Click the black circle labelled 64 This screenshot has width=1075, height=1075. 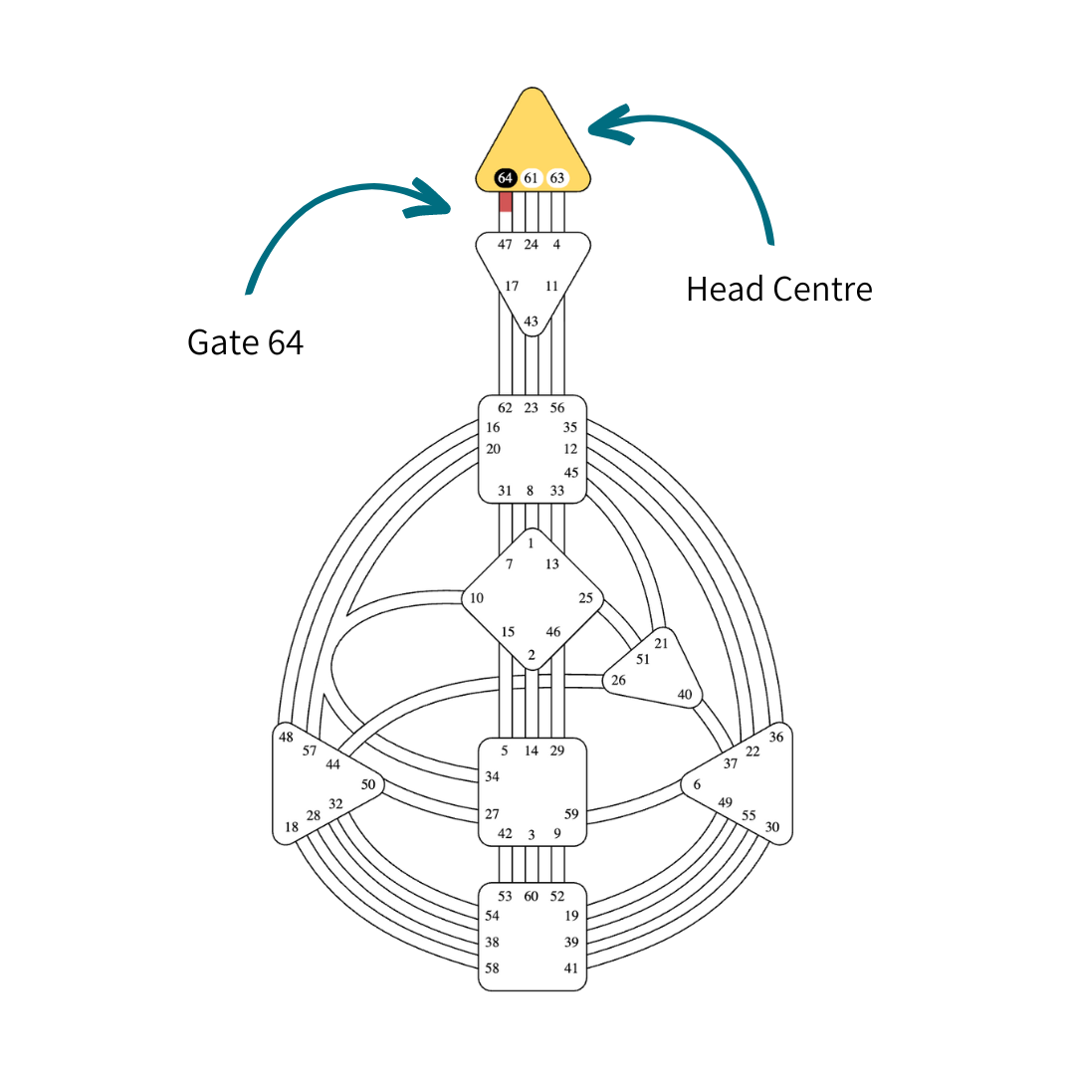[505, 178]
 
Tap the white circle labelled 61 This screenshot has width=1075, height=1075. [531, 178]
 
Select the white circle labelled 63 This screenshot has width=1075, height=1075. [557, 178]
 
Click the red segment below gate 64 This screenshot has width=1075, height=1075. [505, 201]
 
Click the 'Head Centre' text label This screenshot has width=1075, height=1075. [778, 289]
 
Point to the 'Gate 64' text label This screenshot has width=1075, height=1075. [245, 342]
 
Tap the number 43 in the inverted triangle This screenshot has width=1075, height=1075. [531, 322]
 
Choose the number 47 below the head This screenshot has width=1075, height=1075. [505, 244]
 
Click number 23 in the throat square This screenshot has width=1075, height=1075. [531, 407]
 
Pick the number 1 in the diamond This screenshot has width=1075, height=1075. [531, 543]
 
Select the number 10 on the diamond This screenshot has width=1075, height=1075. [477, 598]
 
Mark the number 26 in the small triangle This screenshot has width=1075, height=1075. [618, 681]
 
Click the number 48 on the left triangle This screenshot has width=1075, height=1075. [287, 737]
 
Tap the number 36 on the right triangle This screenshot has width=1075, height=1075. [776, 737]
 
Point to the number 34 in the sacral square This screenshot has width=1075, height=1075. [492, 776]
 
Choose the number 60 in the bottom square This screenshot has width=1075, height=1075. [531, 896]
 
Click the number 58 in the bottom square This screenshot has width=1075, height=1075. [492, 967]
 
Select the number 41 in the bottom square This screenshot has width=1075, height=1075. [571, 967]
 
